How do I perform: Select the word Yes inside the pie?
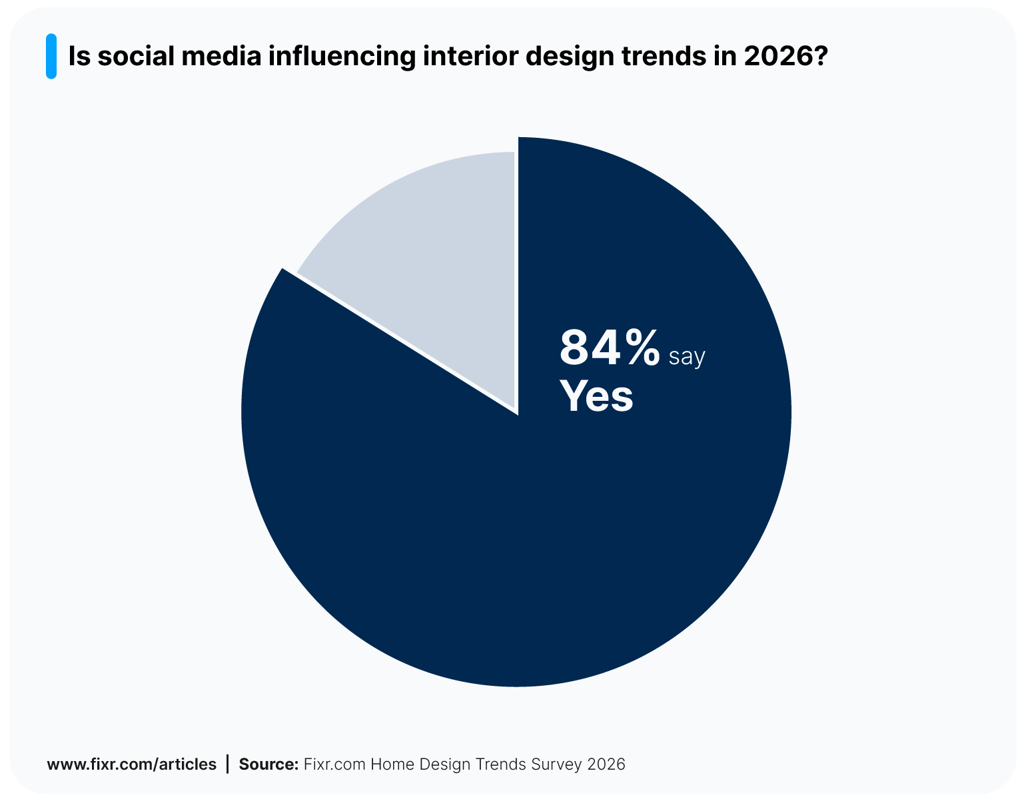pos(596,396)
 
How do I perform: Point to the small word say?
pos(687,357)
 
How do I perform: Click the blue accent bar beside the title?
pos(51,57)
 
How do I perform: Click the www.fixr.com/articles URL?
pos(131,764)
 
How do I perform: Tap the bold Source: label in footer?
pos(268,764)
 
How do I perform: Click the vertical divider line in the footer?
pos(228,764)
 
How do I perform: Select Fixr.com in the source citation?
pos(334,764)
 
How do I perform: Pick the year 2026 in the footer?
pos(606,764)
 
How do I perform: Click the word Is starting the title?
pos(79,57)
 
